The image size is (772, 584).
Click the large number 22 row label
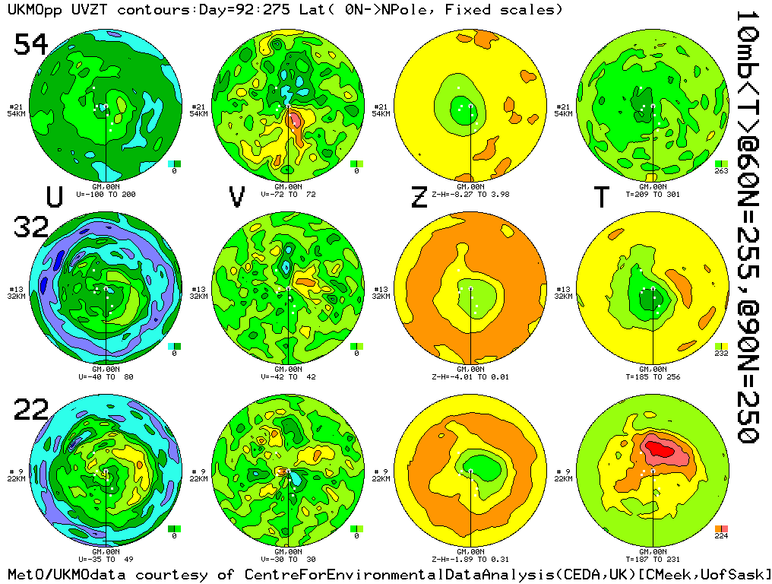click(31, 411)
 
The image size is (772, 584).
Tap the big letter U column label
click(54, 197)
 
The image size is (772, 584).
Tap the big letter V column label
click(237, 197)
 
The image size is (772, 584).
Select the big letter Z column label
click(419, 197)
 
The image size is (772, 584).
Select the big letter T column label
click(601, 197)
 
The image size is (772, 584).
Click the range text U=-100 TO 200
click(106, 194)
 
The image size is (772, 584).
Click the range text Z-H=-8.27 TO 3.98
click(470, 194)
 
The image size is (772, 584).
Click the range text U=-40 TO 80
click(106, 376)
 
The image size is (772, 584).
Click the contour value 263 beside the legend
click(721, 171)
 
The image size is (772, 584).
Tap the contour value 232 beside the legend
click(721, 354)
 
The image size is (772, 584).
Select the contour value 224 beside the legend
click(721, 536)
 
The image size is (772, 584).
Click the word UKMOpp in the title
click(31, 10)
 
